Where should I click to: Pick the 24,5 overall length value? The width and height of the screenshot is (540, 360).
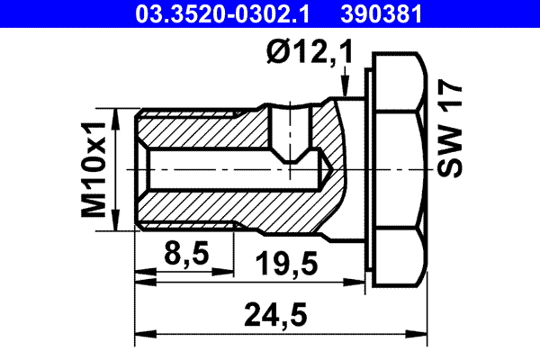coord(276,316)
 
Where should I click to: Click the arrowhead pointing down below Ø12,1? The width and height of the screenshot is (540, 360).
coord(345,87)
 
